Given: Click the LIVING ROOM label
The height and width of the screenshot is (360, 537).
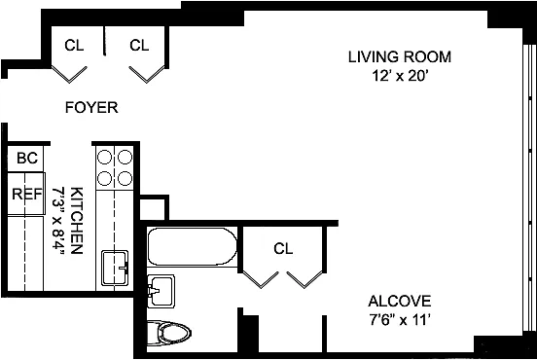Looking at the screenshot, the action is click(400, 56).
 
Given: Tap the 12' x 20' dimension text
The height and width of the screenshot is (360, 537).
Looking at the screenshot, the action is click(400, 76).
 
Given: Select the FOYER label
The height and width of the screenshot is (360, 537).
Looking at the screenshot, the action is click(91, 108).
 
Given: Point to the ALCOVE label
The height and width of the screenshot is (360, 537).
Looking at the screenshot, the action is click(400, 301).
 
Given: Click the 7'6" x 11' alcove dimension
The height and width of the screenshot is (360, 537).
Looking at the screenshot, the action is click(399, 320).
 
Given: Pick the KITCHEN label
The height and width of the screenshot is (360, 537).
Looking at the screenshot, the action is click(77, 221).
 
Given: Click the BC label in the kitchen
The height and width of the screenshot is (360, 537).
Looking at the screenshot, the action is click(27, 159).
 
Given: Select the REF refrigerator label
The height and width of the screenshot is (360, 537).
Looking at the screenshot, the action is click(27, 195).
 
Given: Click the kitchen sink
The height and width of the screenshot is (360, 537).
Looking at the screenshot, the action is click(115, 269).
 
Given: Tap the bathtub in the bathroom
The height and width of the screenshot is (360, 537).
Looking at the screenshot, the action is click(192, 246).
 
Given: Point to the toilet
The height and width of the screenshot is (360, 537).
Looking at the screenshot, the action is click(169, 333).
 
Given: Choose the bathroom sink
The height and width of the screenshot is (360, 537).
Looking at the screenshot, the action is click(161, 291).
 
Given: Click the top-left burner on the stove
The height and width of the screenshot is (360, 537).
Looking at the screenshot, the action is click(104, 158).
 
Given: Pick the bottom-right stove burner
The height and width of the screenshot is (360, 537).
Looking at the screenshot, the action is click(125, 178).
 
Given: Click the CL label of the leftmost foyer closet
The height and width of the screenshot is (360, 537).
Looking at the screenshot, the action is click(74, 45).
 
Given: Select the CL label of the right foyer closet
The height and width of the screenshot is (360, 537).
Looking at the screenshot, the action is click(139, 45).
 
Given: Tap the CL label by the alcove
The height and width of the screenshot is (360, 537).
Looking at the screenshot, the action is click(283, 249).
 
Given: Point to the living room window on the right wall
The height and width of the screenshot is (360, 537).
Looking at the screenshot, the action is click(528, 188).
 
